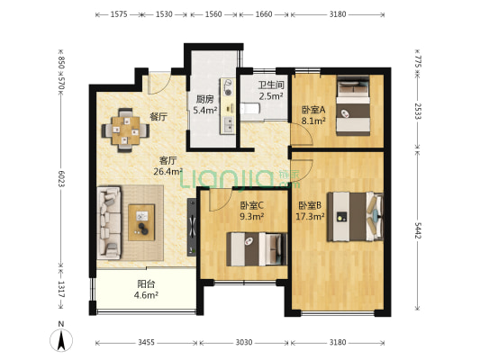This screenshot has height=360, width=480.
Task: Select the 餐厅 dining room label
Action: pos(158,116)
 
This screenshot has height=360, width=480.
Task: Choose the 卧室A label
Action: pos(313,112)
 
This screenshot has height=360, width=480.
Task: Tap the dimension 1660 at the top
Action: pos(265,15)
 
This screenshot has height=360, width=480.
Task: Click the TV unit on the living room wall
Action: pos(191,225)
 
